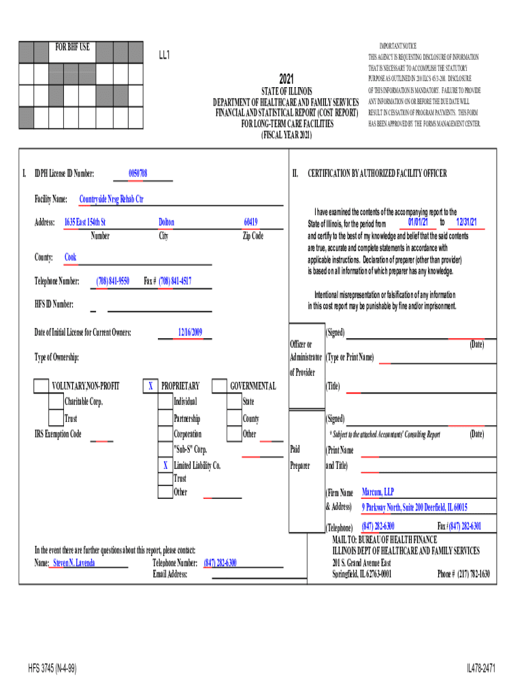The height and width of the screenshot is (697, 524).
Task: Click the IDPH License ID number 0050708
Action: tap(138, 174)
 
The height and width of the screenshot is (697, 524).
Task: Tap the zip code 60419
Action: tap(250, 223)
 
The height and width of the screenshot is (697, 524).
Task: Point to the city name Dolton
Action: tap(166, 223)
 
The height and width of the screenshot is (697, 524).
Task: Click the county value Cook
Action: tap(70, 257)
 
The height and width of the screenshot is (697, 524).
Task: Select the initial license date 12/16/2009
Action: tap(191, 332)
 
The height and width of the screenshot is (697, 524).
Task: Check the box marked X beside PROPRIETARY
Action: tap(150, 387)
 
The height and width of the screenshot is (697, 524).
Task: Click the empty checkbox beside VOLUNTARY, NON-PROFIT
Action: tap(41, 387)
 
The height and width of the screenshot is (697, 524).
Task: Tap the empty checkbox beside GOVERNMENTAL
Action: tap(219, 387)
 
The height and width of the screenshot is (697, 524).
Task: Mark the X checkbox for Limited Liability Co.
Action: tap(165, 466)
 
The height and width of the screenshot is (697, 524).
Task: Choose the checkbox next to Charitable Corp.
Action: tap(56, 402)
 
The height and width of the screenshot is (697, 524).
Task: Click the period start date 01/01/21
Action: tap(418, 223)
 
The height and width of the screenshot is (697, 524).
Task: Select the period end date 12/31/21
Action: tap(466, 223)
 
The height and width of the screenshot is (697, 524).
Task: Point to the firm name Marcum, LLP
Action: tap(378, 492)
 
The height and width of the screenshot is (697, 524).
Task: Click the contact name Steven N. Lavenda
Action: tap(74, 564)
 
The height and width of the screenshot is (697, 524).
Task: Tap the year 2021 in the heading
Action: tap(286, 78)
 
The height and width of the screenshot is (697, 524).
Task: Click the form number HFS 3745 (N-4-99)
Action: tap(52, 669)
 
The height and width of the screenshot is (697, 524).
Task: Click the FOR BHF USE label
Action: tap(72, 48)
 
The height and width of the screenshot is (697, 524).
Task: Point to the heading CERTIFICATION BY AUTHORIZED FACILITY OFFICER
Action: tap(377, 174)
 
